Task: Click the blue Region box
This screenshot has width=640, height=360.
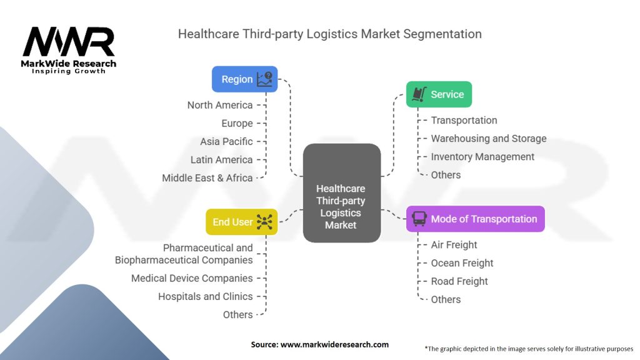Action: pos(244,79)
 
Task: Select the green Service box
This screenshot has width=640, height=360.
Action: pos(439,94)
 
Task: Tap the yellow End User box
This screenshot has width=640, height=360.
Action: pos(242,222)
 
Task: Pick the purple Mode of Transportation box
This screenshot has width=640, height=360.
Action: pos(475,219)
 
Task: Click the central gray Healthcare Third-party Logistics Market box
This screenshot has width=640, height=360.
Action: pos(342,193)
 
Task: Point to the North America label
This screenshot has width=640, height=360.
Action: pos(220,105)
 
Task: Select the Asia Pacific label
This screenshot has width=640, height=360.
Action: pos(226,142)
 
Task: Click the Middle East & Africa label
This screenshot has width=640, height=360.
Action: pos(207,178)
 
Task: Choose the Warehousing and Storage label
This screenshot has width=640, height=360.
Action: pos(489,139)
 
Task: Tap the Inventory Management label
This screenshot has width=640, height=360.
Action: pos(482,157)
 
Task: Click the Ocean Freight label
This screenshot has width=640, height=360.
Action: pos(462,263)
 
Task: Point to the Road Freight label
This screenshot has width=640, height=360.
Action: pos(459,281)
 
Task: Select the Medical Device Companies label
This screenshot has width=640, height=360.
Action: pos(192,278)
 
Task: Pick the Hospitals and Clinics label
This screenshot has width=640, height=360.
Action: pos(205,297)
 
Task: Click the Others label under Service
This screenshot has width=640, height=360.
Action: pos(446,175)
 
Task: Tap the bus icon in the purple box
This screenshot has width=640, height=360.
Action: pos(419,219)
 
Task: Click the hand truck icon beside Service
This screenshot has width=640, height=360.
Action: pos(419,94)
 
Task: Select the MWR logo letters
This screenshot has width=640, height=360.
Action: pos(69,42)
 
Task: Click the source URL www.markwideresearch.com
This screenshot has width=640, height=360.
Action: pos(334,344)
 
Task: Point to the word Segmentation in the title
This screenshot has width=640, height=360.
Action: pos(442,34)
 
